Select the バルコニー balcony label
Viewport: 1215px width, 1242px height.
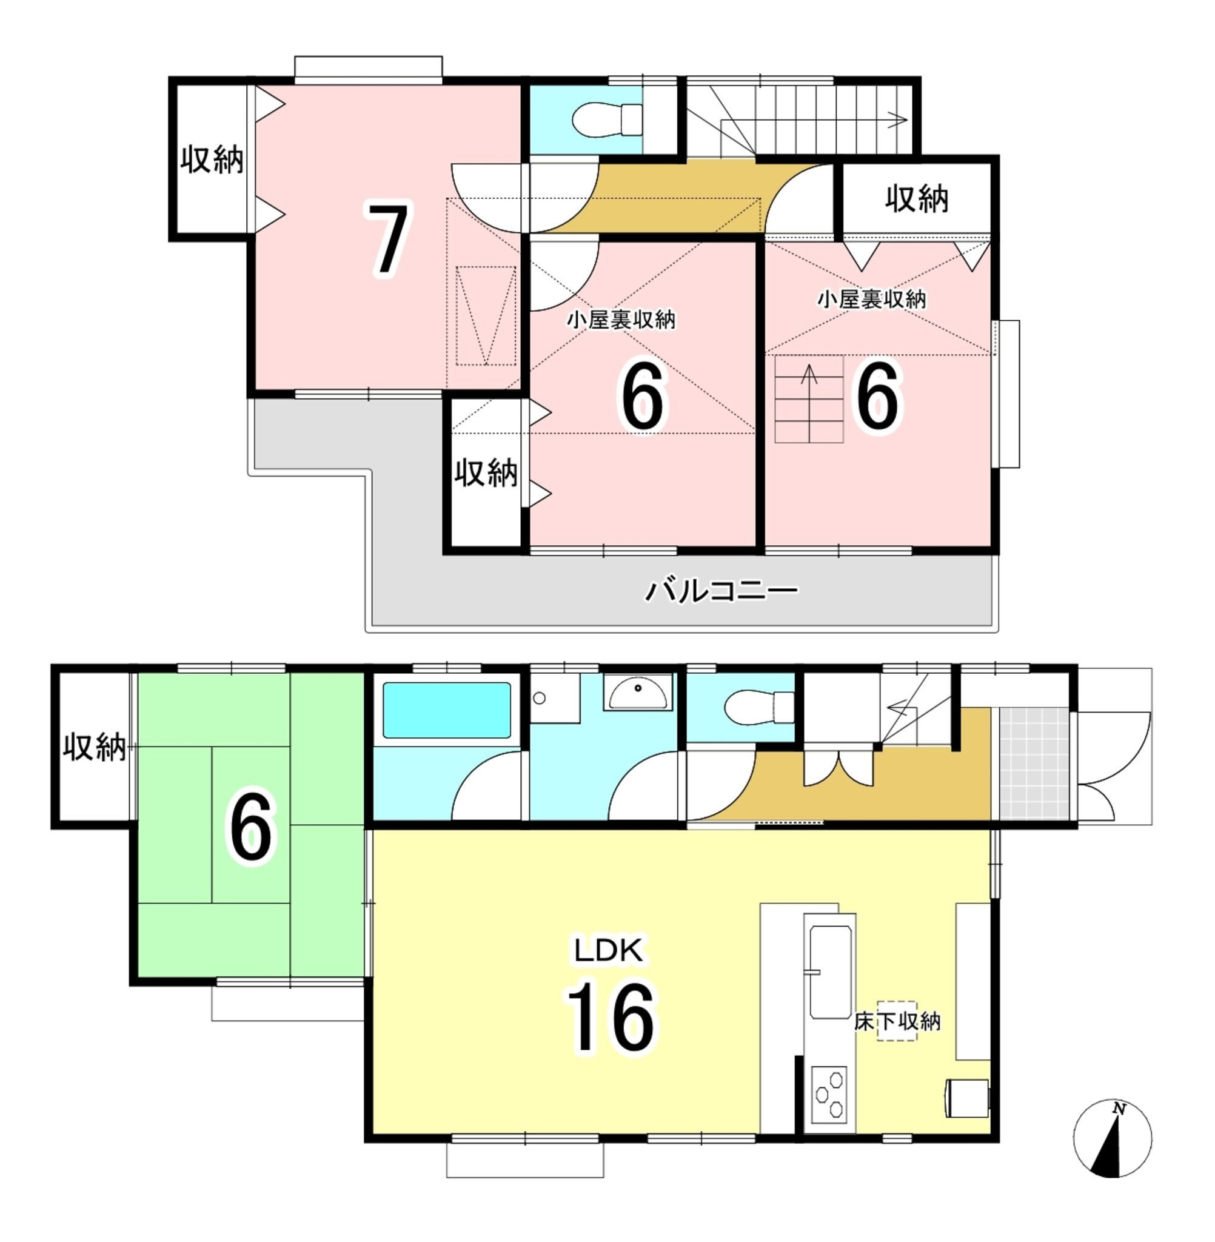point(721,591)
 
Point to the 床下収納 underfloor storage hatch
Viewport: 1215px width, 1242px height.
point(897,1021)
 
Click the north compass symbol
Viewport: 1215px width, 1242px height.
point(1113,1138)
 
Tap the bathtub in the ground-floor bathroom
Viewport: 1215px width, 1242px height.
point(446,710)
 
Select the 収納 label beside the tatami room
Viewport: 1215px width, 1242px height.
point(94,747)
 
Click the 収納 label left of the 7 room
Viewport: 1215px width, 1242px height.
point(211,159)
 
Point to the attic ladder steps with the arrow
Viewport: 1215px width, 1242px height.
point(809,400)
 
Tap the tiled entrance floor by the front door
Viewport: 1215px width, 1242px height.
point(1034,764)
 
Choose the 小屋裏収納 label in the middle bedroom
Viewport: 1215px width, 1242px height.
point(621,320)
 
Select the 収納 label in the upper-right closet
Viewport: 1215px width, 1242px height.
point(916,199)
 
